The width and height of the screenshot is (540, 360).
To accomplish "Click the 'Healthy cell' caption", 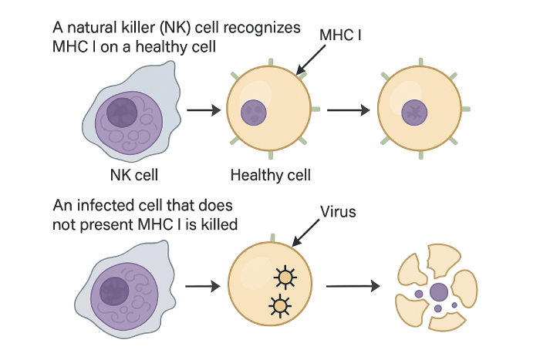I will (270, 175).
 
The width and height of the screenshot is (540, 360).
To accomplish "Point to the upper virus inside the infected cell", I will (286, 275).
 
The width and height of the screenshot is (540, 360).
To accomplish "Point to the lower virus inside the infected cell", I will (278, 306).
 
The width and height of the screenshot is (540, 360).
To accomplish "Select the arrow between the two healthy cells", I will (347, 110).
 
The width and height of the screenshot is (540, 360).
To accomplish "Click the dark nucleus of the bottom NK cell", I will (116, 294).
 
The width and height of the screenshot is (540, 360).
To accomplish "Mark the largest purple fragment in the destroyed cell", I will (438, 292).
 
